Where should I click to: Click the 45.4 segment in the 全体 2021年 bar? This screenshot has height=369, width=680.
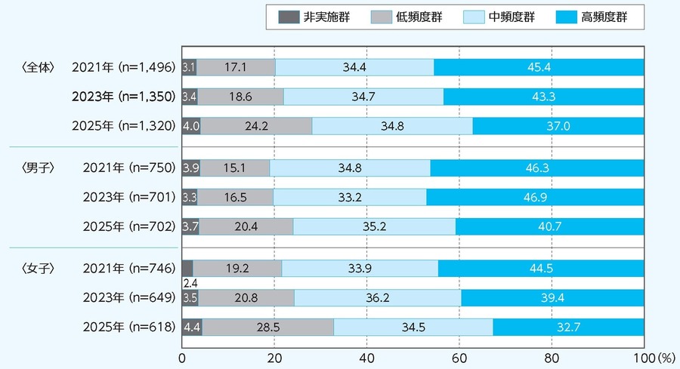pyautogui.click(x=539, y=67)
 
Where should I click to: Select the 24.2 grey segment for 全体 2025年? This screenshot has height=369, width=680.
pyautogui.click(x=256, y=126)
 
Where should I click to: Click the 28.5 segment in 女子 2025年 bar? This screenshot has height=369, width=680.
pyautogui.click(x=267, y=326)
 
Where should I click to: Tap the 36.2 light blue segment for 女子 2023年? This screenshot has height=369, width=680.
pyautogui.click(x=378, y=297)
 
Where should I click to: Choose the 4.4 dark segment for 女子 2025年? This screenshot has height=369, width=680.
pyautogui.click(x=192, y=326)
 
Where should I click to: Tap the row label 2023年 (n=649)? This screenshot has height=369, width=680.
pyautogui.click(x=127, y=297)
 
